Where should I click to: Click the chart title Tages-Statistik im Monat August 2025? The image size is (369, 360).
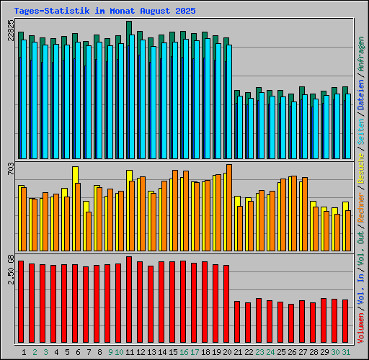[105, 12]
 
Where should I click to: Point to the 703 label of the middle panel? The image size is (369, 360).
[11, 170]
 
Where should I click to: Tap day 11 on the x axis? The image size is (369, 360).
[129, 352]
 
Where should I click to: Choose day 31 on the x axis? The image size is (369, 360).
[346, 352]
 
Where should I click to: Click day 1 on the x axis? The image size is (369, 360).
[25, 352]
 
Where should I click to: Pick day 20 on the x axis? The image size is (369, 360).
[226, 352]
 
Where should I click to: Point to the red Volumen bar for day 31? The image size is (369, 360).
[345, 322]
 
